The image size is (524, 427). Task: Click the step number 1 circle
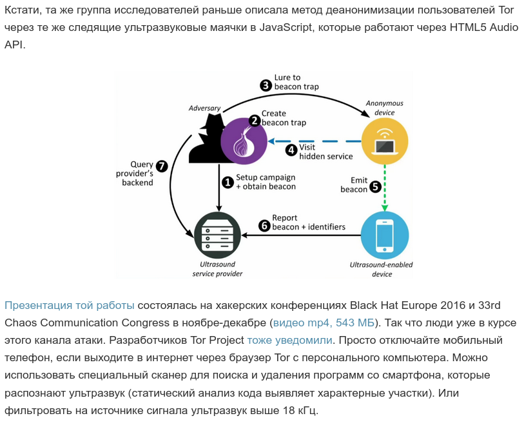[227, 183]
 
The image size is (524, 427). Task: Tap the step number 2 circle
[254, 120]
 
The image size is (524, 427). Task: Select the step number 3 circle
[266, 85]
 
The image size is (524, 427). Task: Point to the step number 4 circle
[291, 150]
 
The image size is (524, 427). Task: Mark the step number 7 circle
[162, 166]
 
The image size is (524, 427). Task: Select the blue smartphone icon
[384, 235]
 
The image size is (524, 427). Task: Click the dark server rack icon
[217, 235]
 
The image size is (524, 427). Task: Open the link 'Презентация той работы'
[70, 305]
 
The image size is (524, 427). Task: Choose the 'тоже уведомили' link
[289, 340]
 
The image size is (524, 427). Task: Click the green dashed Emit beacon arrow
[385, 187]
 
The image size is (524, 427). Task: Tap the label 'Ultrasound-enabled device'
[381, 270]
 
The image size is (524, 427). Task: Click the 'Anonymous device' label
[384, 107]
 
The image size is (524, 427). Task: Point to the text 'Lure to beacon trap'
[296, 82]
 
